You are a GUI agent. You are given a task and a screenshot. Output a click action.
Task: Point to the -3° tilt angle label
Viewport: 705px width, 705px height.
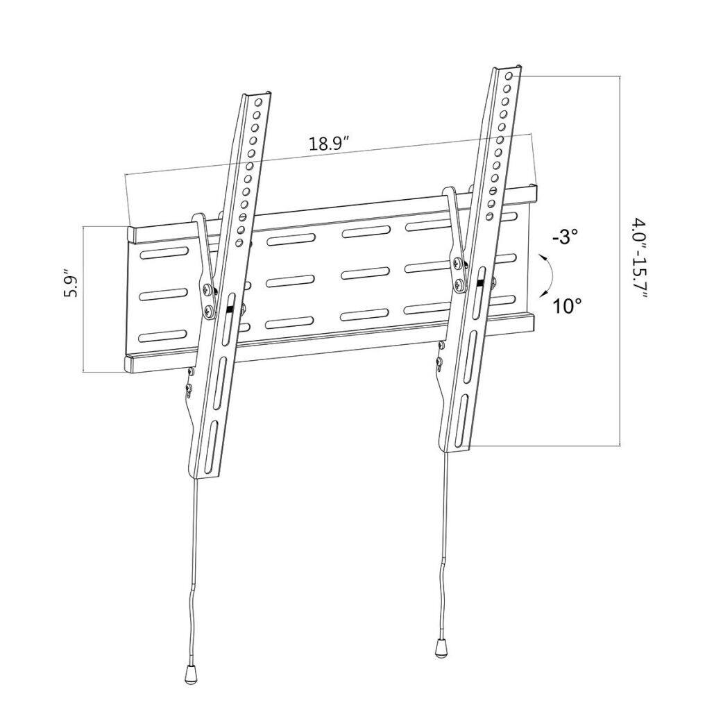coord(565,237)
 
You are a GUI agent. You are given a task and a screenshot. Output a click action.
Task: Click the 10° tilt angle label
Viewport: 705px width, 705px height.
coord(566,306)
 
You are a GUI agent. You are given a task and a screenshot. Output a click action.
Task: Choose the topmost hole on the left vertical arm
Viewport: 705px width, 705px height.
coord(260,103)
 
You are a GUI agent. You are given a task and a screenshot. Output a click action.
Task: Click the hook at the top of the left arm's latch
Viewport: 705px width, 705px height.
coord(200,218)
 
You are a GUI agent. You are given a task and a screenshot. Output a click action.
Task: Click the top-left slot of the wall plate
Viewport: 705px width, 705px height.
coord(163,254)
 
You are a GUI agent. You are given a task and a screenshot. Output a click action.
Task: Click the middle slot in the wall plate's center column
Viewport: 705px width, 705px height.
coord(366,273)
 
